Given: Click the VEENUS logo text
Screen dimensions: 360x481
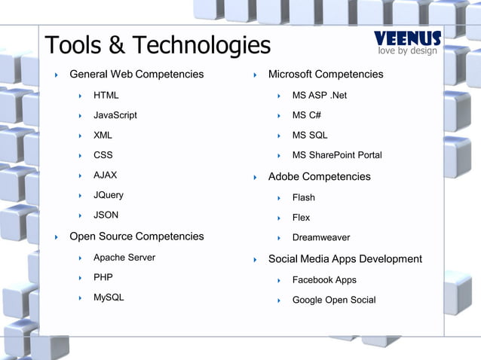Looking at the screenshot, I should (x=408, y=38).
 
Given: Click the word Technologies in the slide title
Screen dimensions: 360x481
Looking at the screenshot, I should (x=200, y=45).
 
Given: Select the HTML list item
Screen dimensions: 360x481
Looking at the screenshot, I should (x=106, y=95).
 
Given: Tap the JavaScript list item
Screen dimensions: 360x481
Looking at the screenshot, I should (x=115, y=115).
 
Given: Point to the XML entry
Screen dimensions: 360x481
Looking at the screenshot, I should (x=103, y=136).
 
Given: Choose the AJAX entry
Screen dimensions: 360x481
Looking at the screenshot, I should (x=105, y=175).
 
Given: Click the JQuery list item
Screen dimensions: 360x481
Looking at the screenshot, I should (x=108, y=195).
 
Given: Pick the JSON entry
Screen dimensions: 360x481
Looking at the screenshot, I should (x=106, y=215).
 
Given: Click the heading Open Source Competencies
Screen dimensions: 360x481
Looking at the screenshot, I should (x=136, y=236).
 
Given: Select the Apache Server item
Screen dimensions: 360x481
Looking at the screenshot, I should (x=124, y=258).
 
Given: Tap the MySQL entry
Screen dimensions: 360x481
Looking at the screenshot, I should (x=109, y=297).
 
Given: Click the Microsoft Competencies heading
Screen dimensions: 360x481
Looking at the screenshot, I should (x=326, y=74).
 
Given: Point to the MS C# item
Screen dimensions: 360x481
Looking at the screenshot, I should (x=306, y=115).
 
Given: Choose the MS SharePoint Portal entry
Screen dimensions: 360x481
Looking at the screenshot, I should (x=337, y=155).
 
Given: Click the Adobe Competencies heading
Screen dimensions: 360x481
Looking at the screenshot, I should (x=320, y=176).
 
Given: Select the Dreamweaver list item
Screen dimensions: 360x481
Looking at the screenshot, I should (x=321, y=237).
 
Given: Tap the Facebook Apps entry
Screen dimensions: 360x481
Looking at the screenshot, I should (x=324, y=280).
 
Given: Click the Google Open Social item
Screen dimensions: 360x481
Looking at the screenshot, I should (x=333, y=300).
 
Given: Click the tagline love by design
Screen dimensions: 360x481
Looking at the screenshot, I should (x=408, y=50).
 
